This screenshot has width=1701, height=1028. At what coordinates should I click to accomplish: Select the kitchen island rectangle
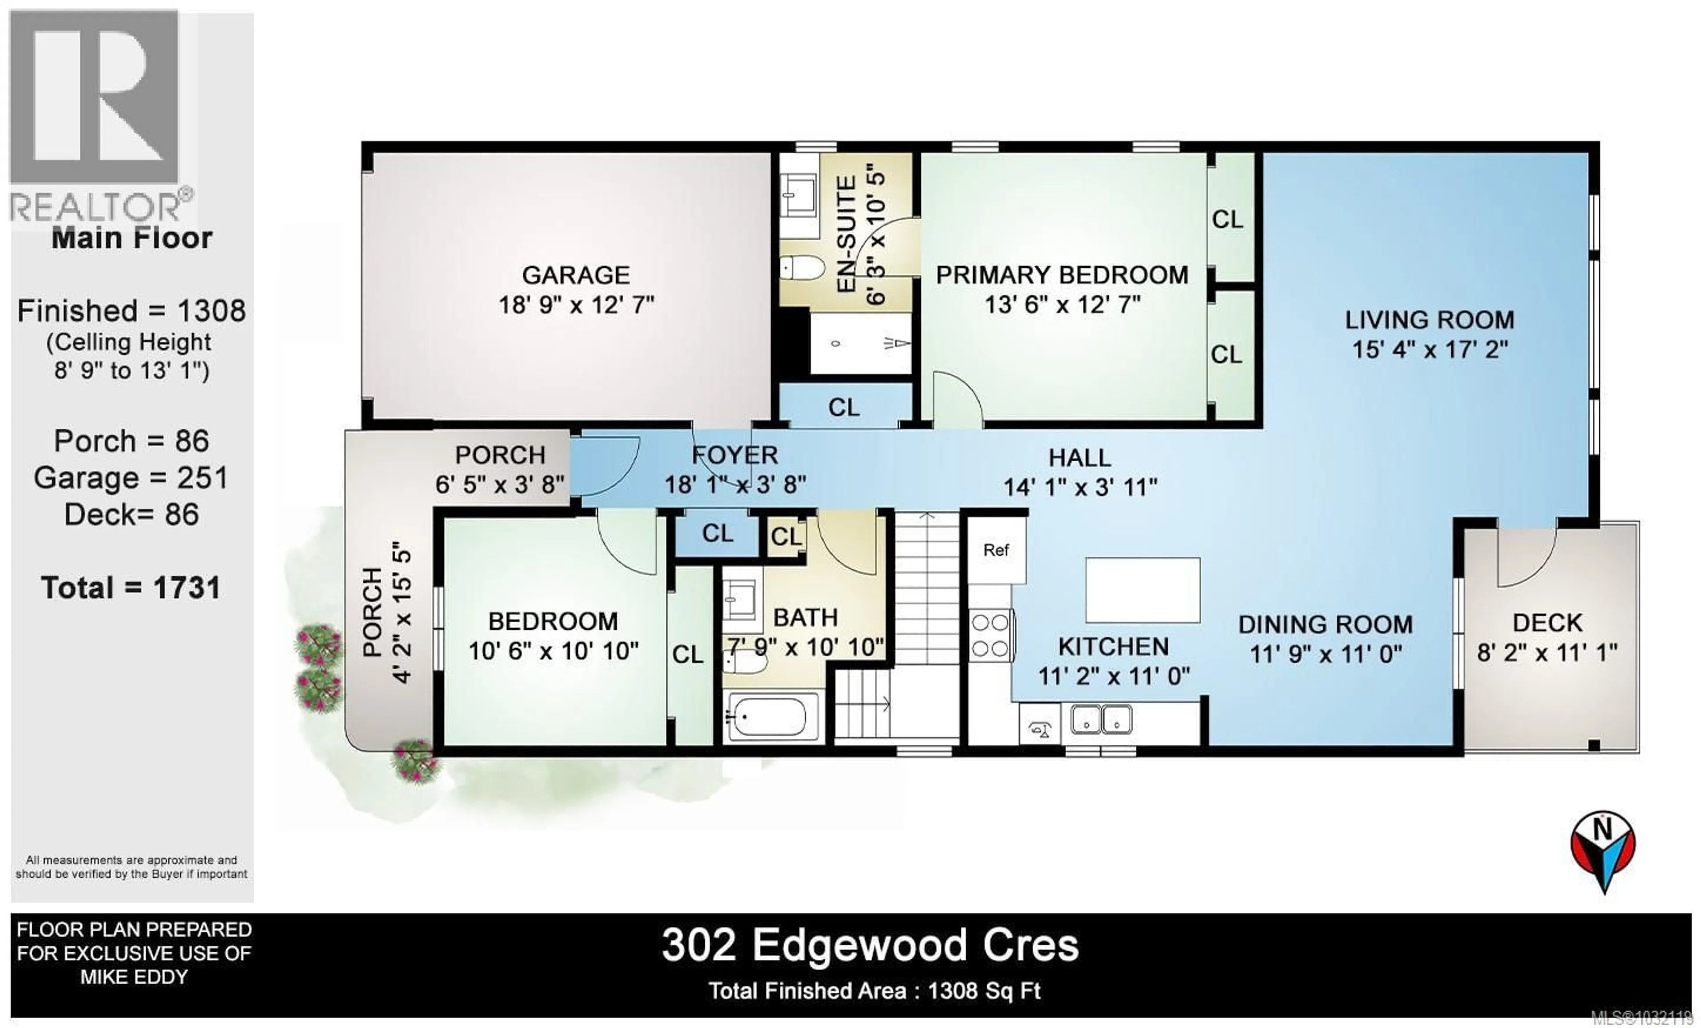1142,590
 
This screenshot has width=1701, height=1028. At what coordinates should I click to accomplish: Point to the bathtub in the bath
769,716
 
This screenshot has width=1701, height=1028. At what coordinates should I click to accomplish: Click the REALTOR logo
97,117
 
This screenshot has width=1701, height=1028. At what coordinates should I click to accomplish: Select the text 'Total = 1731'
131,588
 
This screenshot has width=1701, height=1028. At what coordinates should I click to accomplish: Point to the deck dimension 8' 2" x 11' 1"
1547,652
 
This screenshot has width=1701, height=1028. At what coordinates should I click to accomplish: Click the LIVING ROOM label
1429,319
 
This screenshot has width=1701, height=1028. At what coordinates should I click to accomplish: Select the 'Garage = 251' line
131,478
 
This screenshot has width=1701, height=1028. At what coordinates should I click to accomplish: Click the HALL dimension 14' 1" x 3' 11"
1080,487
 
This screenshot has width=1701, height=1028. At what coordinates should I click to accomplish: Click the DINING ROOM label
1325,624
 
